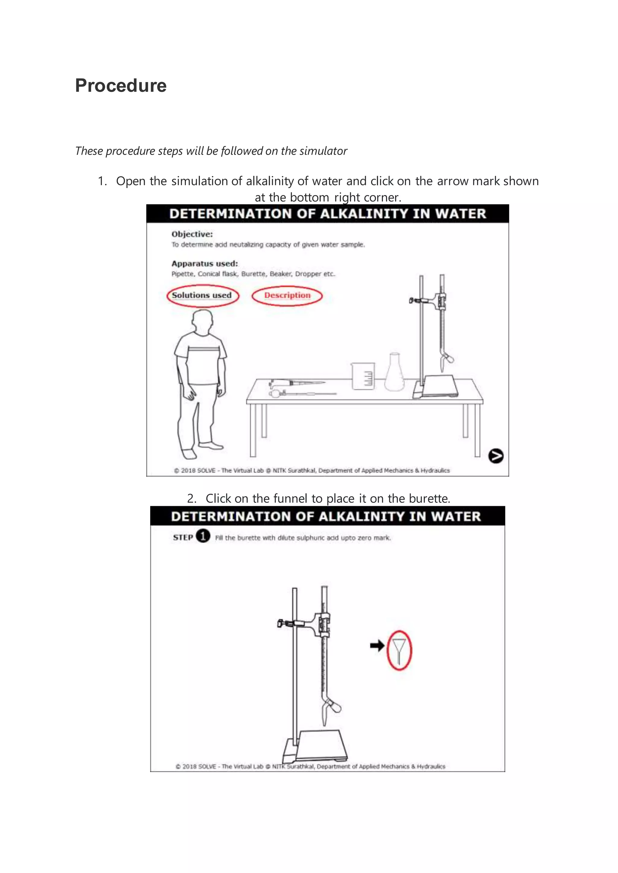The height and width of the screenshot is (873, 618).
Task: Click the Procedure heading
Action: pyautogui.click(x=121, y=86)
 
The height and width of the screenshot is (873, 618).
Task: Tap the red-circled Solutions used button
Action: pyautogui.click(x=202, y=295)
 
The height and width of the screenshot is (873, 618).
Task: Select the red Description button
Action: pyautogui.click(x=287, y=295)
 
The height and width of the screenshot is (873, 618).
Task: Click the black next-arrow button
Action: pyautogui.click(x=495, y=455)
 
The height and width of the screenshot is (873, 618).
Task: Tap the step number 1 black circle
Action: pyautogui.click(x=203, y=537)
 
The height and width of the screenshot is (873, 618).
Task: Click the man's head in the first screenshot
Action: pyautogui.click(x=202, y=321)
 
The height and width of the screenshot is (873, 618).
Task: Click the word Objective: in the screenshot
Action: pyautogui.click(x=192, y=234)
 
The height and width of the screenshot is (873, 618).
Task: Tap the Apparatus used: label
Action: pyautogui.click(x=204, y=263)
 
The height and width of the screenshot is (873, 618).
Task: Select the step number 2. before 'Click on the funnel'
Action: pyautogui.click(x=191, y=499)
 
